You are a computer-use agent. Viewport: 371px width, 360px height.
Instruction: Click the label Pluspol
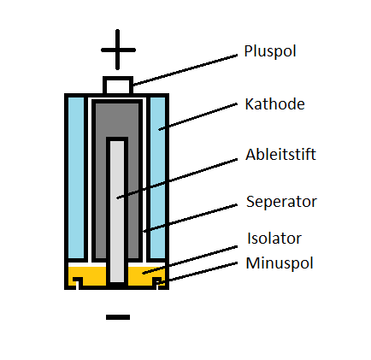pos(270,51)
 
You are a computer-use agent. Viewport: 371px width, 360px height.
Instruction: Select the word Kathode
pos(274,103)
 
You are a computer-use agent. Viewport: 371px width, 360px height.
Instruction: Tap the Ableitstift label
pos(280,155)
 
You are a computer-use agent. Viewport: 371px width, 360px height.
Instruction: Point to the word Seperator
pos(281,202)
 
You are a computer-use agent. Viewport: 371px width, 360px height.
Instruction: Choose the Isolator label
pos(274,238)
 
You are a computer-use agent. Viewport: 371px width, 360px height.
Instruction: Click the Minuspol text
pos(280,263)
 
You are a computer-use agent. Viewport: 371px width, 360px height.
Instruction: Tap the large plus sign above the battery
pos(118,50)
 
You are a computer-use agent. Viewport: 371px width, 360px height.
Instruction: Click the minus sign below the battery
pos(118,317)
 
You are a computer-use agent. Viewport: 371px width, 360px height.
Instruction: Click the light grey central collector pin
pos(117,211)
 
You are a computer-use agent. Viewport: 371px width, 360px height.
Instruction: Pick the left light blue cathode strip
pos(76,178)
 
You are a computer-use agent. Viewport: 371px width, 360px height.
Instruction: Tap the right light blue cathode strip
pos(157,178)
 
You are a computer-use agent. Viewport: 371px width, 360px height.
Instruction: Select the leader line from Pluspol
pos(185,70)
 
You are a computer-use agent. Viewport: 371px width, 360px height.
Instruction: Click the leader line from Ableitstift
pos(177,179)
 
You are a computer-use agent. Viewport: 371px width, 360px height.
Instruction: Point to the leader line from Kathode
pos(198,117)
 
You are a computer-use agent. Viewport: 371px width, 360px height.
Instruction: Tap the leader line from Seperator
pos(190,218)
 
